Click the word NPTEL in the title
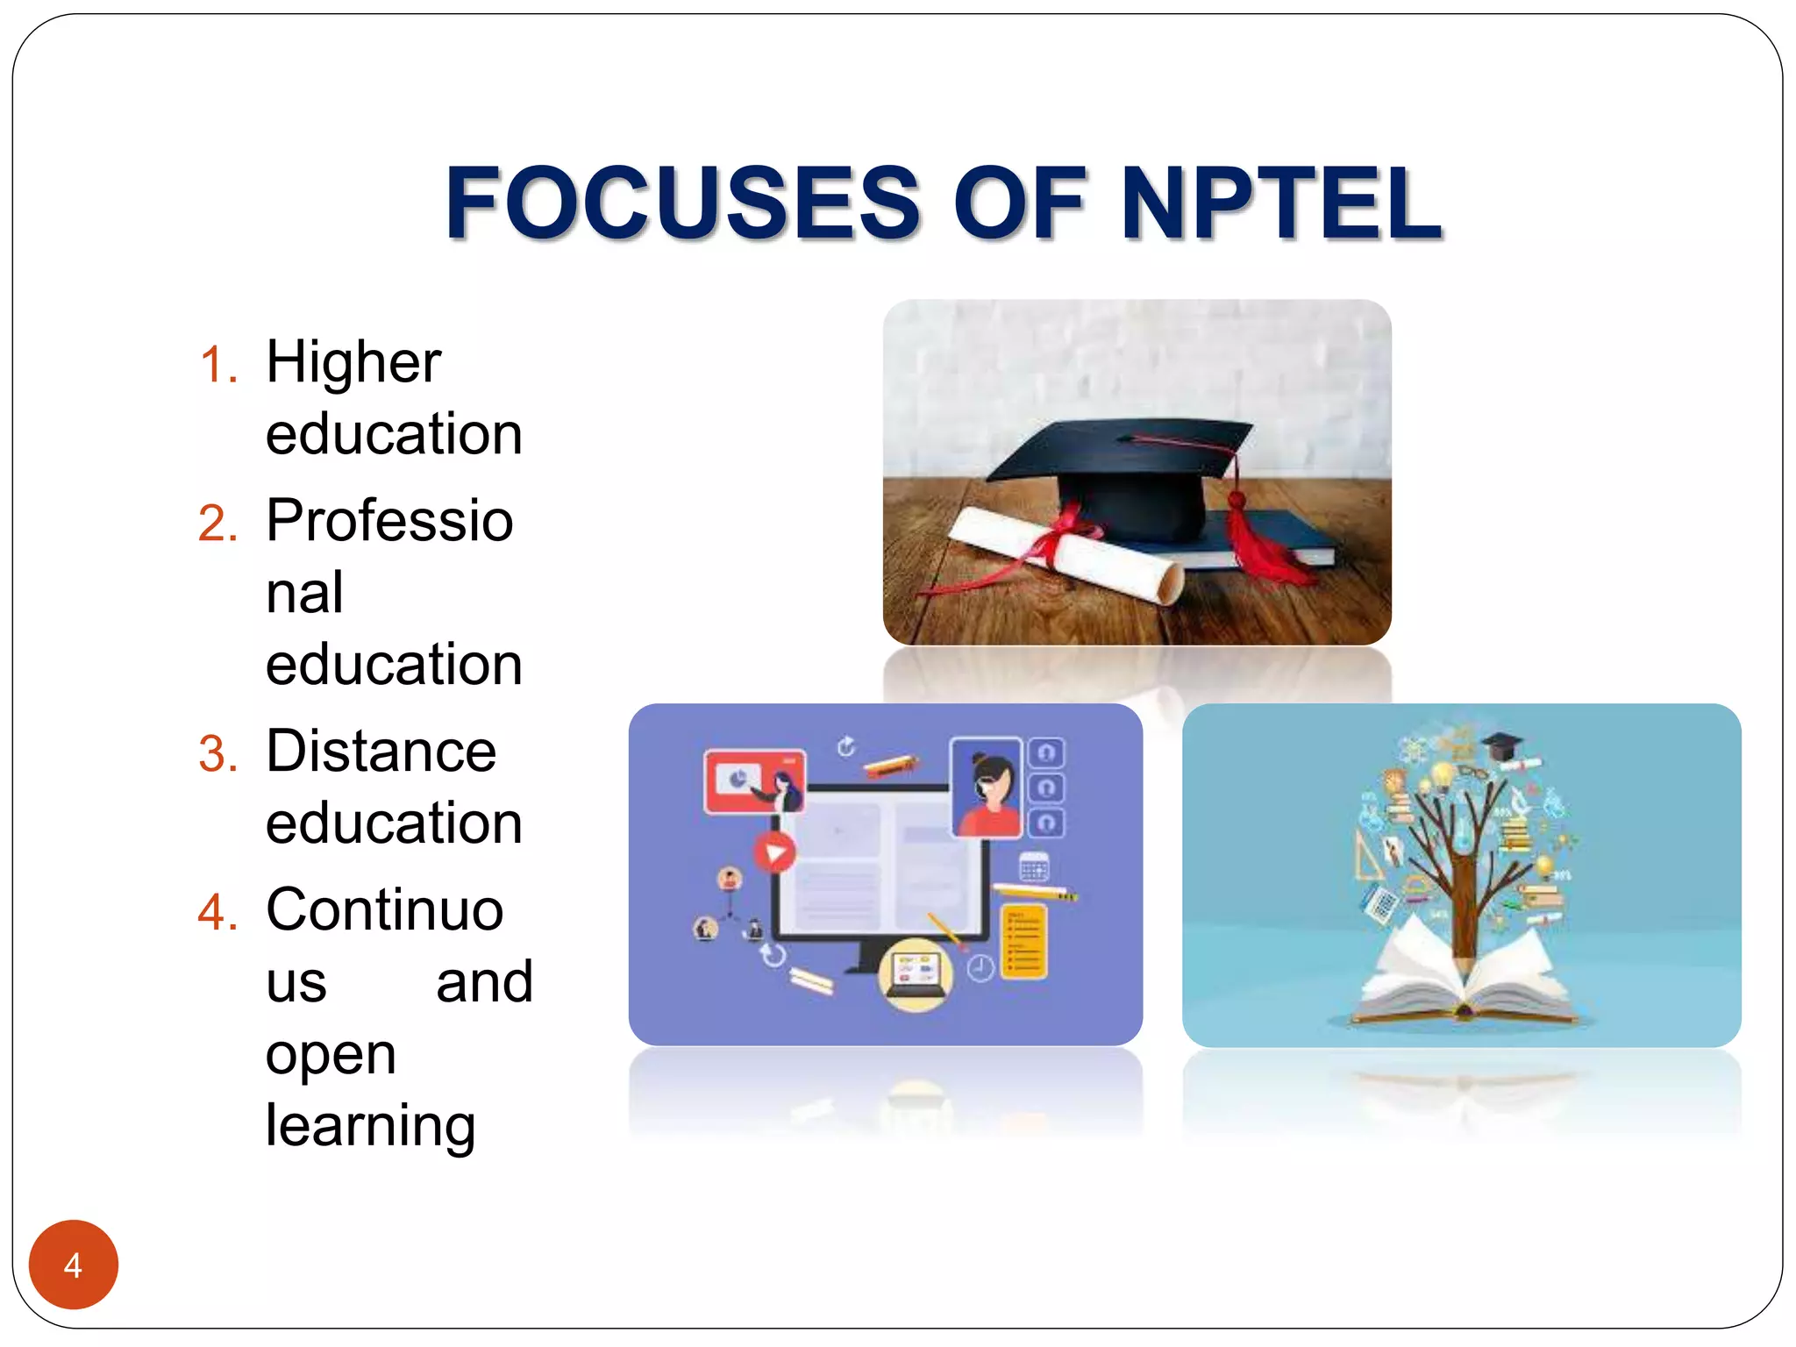(x=1281, y=203)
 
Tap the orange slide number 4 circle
(x=73, y=1265)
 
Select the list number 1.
(x=218, y=365)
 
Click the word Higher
(x=353, y=361)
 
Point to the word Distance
(x=381, y=752)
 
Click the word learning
(x=370, y=1125)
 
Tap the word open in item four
(x=331, y=1054)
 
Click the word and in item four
(x=484, y=981)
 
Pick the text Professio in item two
(x=389, y=520)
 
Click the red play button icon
(x=774, y=852)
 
